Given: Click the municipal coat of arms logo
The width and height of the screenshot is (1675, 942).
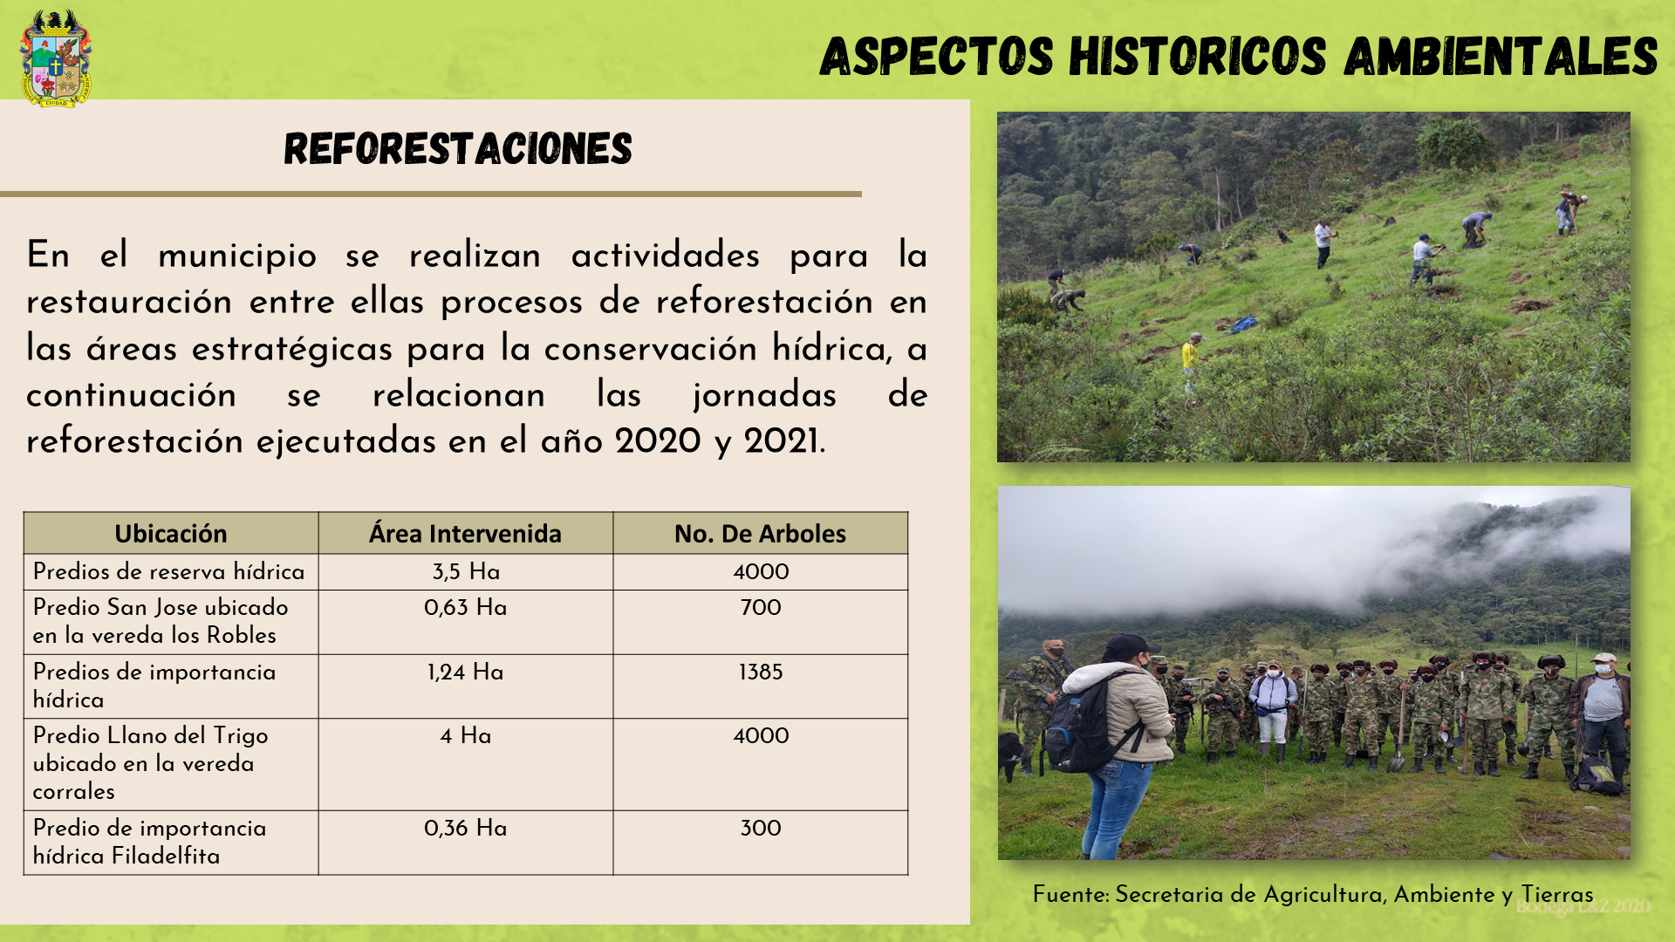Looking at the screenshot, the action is pos(56,58).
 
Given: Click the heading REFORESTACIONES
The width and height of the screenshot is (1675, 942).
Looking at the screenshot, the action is pos(458,149).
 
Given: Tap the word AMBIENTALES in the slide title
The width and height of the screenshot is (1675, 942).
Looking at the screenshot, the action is pos(1501,56).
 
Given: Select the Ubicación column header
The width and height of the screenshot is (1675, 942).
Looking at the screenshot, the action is pos(171,533).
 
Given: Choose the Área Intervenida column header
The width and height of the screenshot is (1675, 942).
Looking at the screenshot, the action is pos(465,533).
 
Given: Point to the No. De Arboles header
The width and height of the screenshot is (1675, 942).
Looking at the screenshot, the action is pos(760,533).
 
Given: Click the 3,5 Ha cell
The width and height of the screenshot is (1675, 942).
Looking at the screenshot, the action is pos(466,572).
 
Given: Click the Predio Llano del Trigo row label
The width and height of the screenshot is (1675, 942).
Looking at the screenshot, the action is pos(150,763).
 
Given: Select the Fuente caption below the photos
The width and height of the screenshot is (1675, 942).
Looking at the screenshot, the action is pos(1313,895).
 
